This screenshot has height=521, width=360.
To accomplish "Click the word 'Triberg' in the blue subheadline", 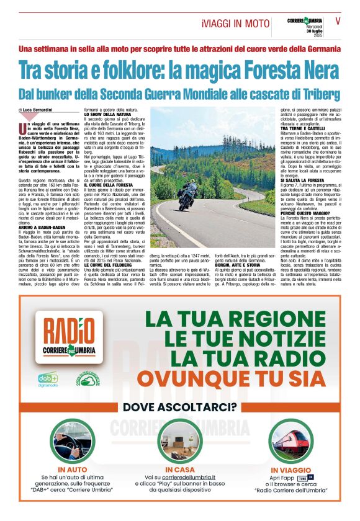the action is (x=319, y=94).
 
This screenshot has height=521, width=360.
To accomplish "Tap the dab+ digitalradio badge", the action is (x=48, y=378).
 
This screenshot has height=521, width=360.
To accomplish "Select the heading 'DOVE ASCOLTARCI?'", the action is (x=180, y=407).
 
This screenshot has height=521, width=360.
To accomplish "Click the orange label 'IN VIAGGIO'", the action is (x=286, y=470).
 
